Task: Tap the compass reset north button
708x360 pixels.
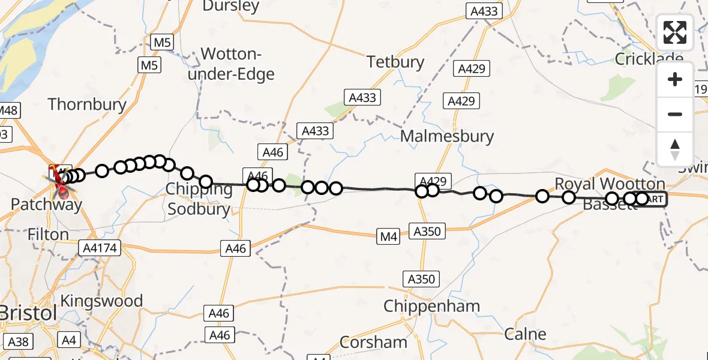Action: click(675, 149)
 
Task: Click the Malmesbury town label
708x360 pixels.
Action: click(446, 136)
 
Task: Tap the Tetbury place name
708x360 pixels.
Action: click(395, 62)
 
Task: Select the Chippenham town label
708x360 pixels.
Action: click(431, 306)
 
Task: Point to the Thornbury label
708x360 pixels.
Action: click(87, 104)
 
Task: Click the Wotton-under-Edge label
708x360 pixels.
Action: click(238, 64)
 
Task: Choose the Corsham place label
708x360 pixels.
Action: click(373, 342)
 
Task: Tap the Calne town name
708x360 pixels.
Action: click(525, 334)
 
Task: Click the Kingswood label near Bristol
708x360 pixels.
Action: click(101, 301)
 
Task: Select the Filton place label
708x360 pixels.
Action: click(48, 234)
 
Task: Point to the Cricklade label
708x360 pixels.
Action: click(649, 59)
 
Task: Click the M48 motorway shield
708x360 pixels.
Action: click(8, 110)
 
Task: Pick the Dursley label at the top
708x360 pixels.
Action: click(231, 7)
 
